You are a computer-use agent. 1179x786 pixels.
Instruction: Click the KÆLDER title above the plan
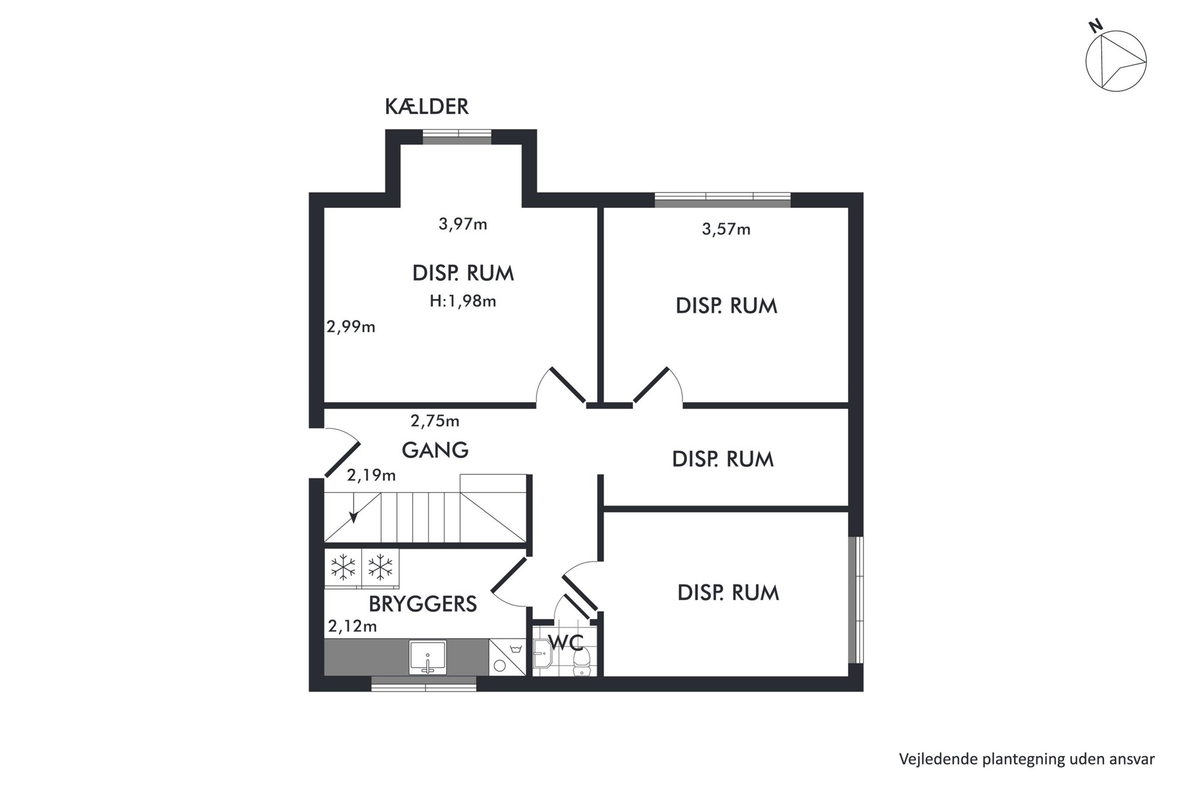(x=427, y=107)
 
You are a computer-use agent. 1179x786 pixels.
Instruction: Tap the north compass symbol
(x=1115, y=61)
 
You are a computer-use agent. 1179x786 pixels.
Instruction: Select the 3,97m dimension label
(x=463, y=224)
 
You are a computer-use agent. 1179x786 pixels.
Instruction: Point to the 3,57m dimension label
(x=726, y=229)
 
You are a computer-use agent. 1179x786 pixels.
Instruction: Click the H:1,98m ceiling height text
(x=463, y=301)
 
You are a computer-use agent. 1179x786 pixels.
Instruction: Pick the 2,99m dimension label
(x=351, y=327)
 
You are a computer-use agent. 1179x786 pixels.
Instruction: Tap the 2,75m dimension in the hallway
(x=435, y=421)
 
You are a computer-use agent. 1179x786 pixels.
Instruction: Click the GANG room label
(x=435, y=450)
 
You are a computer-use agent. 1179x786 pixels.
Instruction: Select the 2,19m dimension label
(x=371, y=475)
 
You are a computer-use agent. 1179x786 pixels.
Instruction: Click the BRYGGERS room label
(x=423, y=604)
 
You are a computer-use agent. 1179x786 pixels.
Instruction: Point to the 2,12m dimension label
(x=352, y=626)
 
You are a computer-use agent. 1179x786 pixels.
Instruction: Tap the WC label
(x=565, y=642)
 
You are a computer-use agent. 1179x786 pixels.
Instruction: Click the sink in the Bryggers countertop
(x=427, y=657)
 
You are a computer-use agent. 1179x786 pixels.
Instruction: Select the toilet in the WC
(x=581, y=662)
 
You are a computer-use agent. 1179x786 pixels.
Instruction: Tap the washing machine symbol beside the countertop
(x=507, y=657)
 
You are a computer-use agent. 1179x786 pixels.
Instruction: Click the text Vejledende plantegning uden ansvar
(x=1027, y=759)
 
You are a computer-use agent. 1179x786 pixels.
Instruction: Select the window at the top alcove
(x=457, y=137)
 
